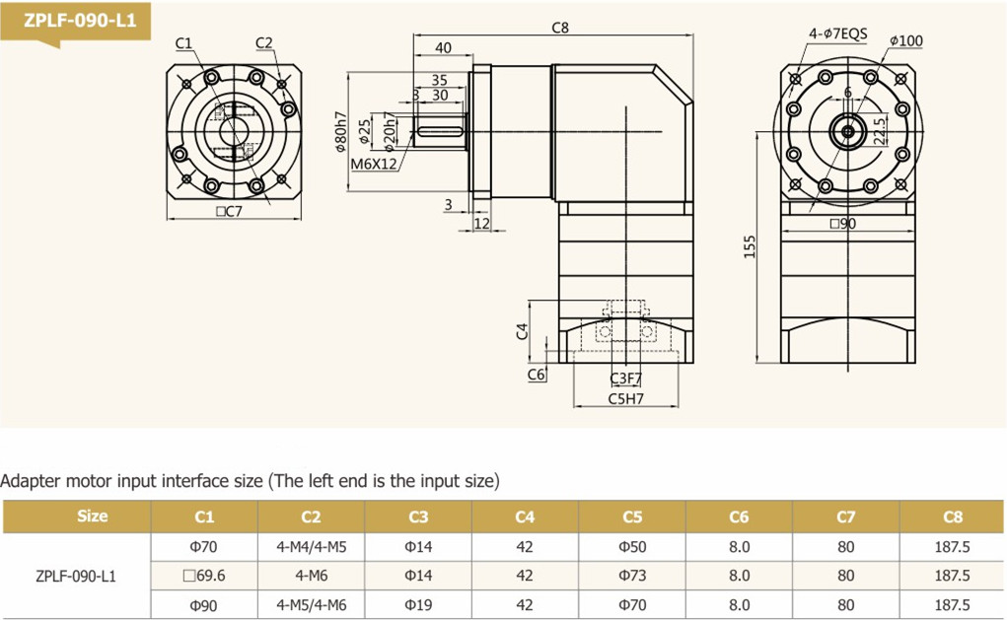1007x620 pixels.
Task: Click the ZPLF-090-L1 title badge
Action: [x=76, y=21]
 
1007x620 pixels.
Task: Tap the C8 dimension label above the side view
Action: [x=560, y=28]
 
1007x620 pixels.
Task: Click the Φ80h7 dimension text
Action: [x=341, y=131]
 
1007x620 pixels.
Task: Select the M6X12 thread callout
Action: [x=374, y=165]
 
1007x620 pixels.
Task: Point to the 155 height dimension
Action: [x=750, y=247]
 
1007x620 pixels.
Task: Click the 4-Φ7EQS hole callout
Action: [x=838, y=34]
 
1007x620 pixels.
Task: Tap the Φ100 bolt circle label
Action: [x=905, y=41]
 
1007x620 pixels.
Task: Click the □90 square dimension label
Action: [x=842, y=224]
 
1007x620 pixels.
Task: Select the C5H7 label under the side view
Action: [x=625, y=399]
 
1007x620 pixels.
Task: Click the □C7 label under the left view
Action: [x=229, y=211]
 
